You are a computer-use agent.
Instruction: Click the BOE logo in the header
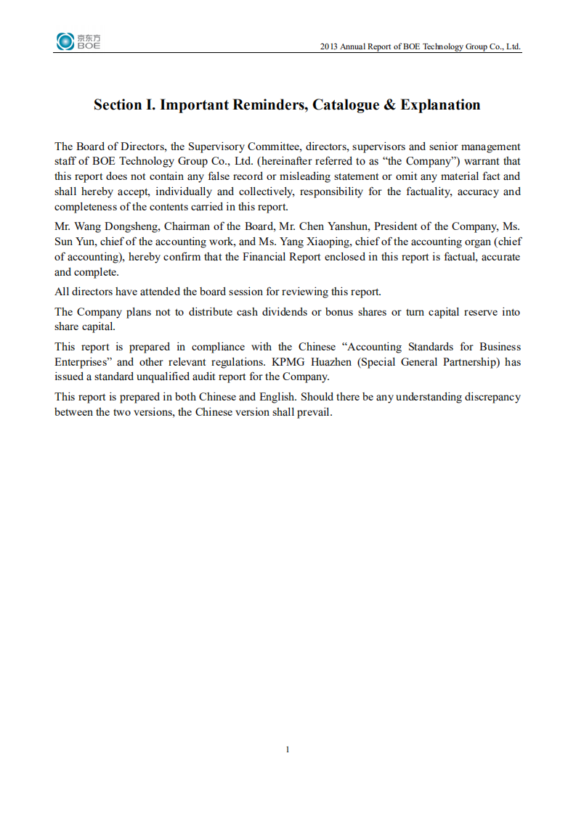tap(78, 42)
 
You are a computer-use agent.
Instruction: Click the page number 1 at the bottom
tap(288, 749)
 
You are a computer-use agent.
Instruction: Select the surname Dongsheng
tap(131, 226)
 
